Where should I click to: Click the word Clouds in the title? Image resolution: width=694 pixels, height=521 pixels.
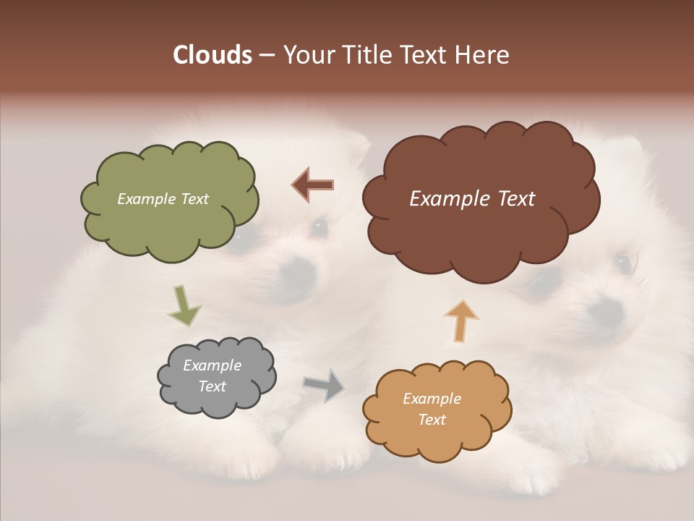(x=212, y=55)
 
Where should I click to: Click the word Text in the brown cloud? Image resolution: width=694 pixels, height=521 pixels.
(x=512, y=199)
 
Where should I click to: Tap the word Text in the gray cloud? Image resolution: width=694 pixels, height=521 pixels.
(x=213, y=386)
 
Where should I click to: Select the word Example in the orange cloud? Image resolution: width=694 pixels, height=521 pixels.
(x=432, y=399)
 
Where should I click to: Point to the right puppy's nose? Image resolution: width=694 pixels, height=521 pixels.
(x=606, y=311)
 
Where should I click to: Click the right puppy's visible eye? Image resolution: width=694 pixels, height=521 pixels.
(x=622, y=260)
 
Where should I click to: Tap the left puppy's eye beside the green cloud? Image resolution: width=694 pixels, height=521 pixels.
(x=318, y=227)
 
